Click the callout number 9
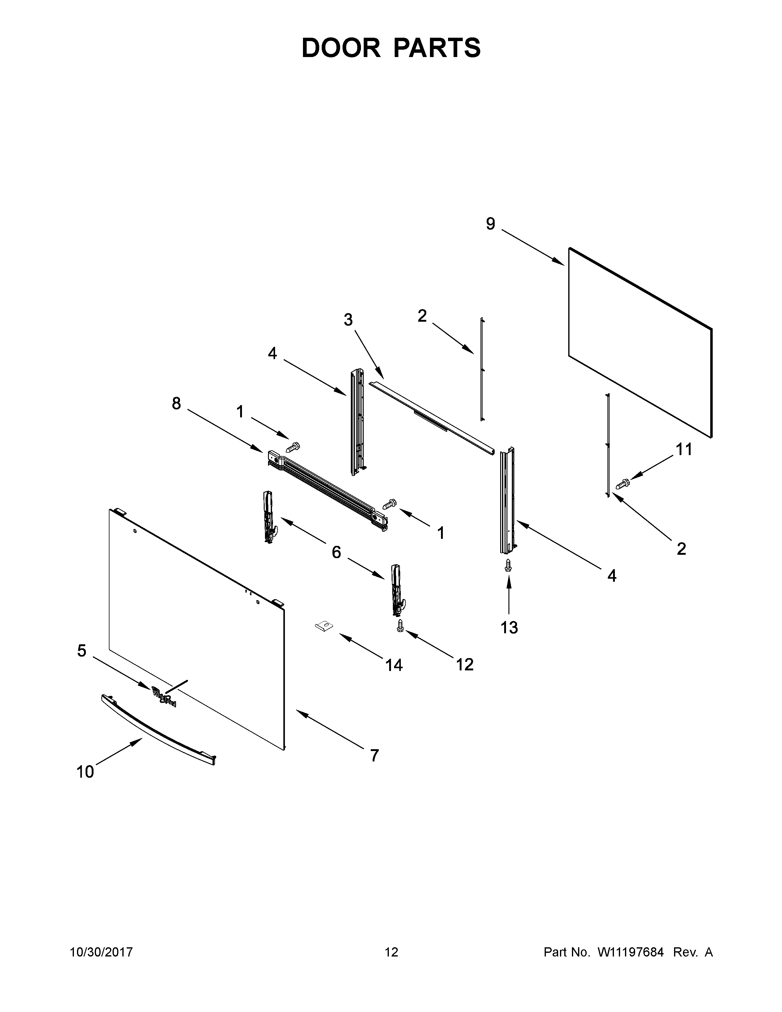(490, 224)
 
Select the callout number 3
(348, 320)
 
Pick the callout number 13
(509, 627)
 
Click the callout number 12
(465, 665)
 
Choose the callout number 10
(85, 772)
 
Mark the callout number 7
(374, 756)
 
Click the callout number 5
(82, 651)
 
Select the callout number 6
(336, 552)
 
